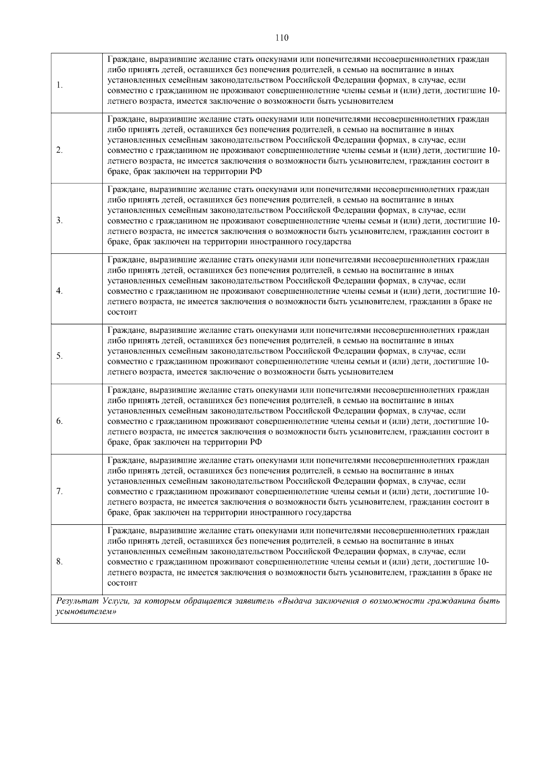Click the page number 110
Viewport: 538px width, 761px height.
[282, 38]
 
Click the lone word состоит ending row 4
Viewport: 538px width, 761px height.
[122, 312]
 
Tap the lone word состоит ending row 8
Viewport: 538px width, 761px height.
[122, 583]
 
